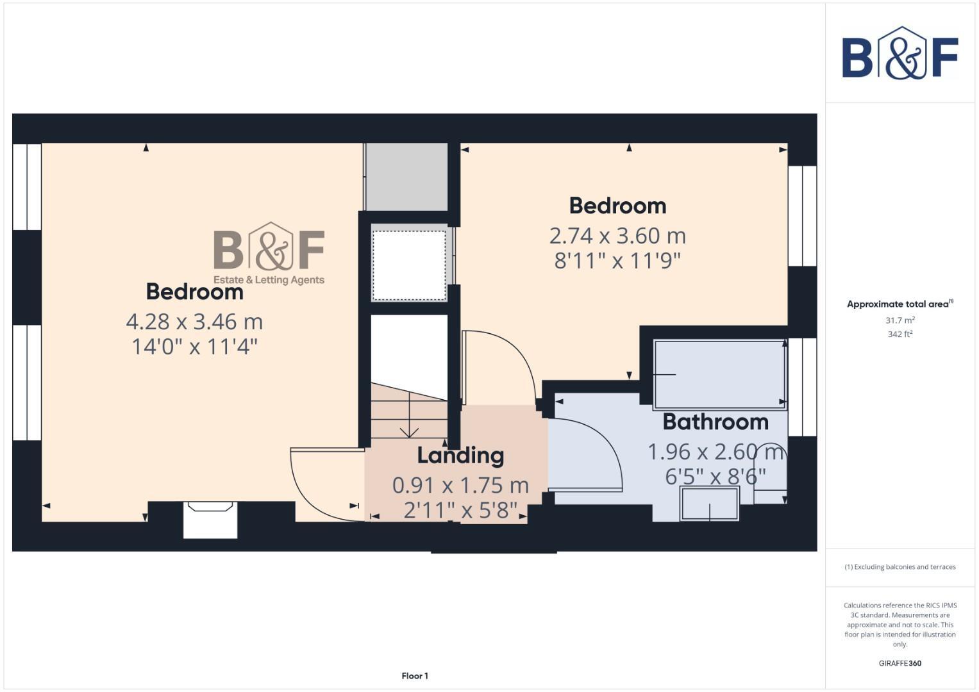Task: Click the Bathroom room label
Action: pyautogui.click(x=715, y=422)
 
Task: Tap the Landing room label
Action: pyautogui.click(x=460, y=456)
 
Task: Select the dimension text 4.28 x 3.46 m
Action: pyautogui.click(x=194, y=322)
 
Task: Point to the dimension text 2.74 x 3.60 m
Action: pyautogui.click(x=617, y=236)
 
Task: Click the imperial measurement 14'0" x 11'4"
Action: pyautogui.click(x=194, y=347)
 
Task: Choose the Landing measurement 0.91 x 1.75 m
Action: pyautogui.click(x=460, y=486)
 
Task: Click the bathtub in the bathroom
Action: pyautogui.click(x=720, y=374)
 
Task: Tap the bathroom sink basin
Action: pyautogui.click(x=710, y=504)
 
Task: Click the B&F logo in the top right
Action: pyautogui.click(x=900, y=54)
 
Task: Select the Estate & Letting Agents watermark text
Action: pyautogui.click(x=269, y=280)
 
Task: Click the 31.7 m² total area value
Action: pyautogui.click(x=900, y=320)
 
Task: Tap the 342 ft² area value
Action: pyautogui.click(x=900, y=334)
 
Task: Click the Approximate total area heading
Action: pyautogui.click(x=899, y=304)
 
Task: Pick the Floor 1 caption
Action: pyautogui.click(x=415, y=676)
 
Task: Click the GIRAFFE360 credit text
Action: pyautogui.click(x=900, y=663)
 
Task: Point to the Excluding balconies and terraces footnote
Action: pyautogui.click(x=900, y=567)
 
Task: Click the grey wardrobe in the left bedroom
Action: pyautogui.click(x=406, y=177)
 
